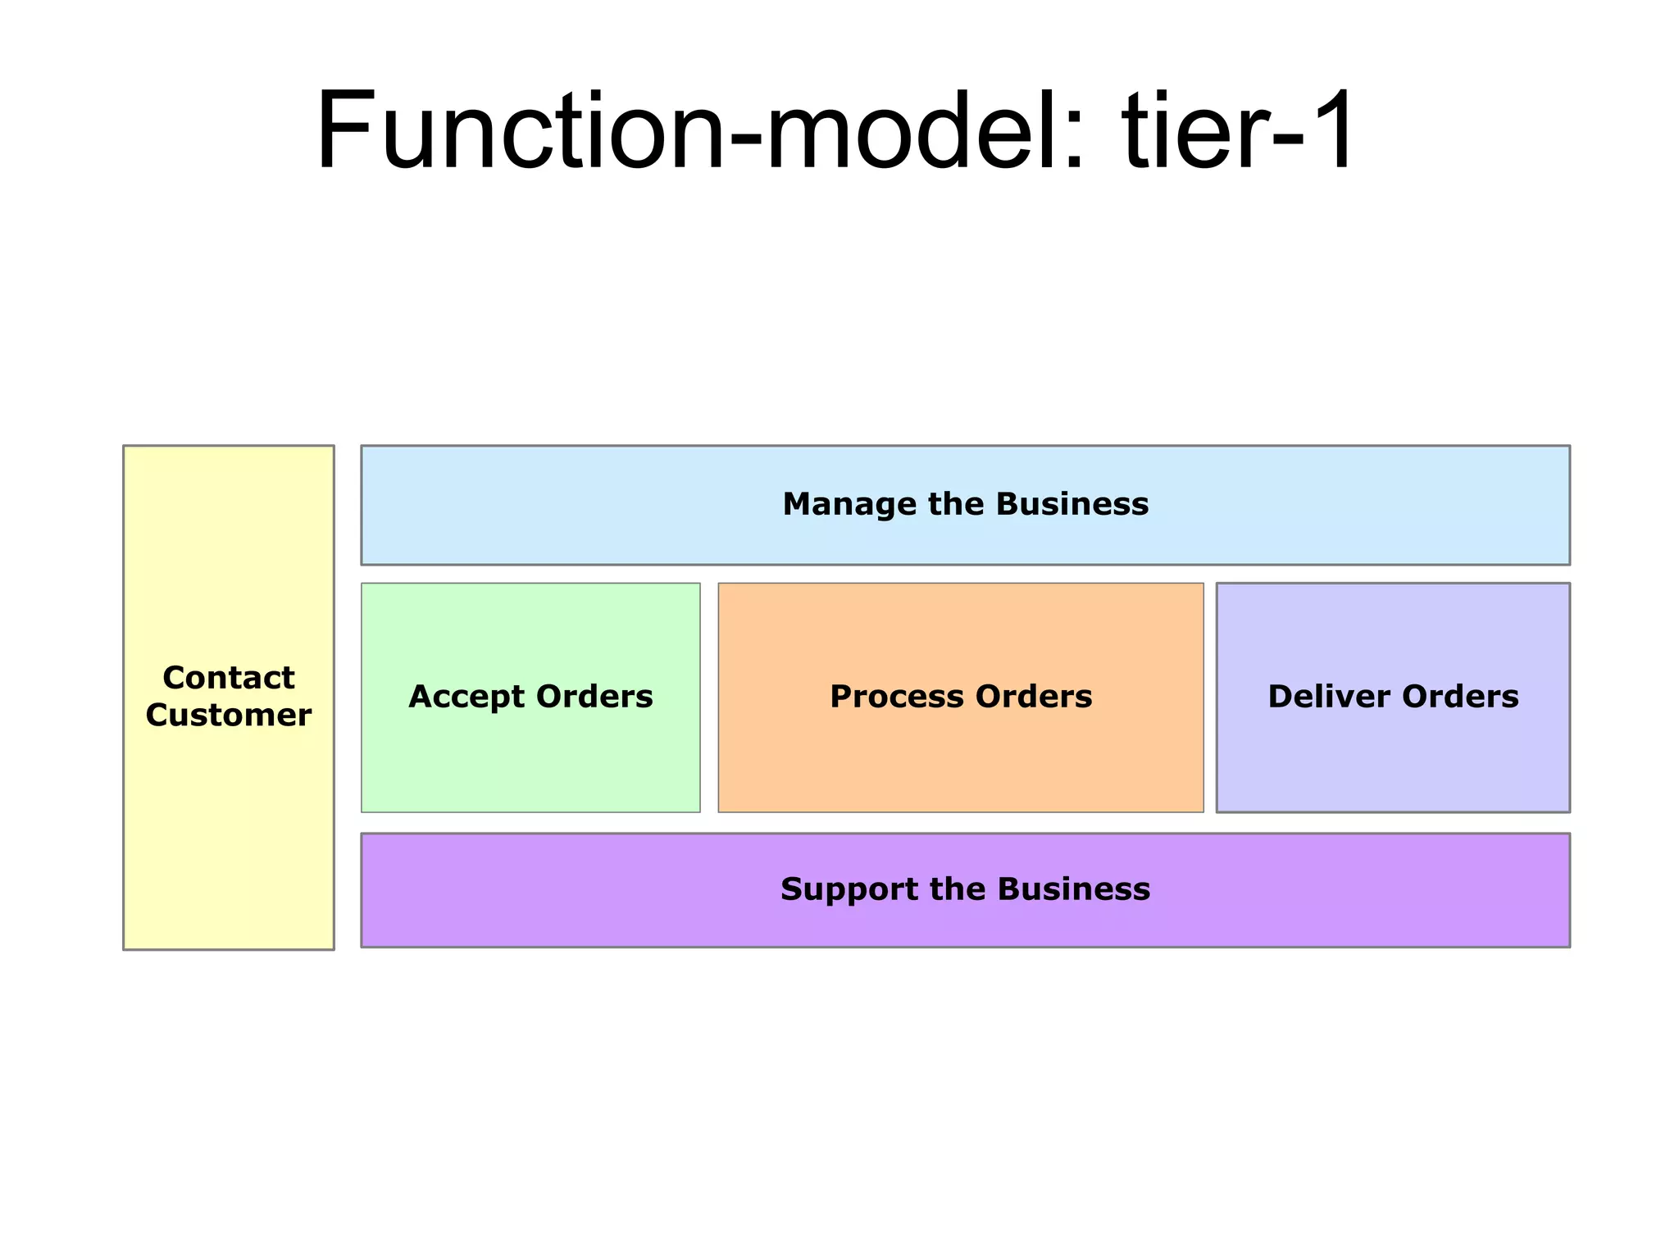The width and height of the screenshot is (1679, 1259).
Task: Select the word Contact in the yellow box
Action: coord(229,678)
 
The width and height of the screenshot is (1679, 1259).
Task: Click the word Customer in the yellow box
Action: coord(229,715)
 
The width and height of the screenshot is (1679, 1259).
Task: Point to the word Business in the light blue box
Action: coord(1072,504)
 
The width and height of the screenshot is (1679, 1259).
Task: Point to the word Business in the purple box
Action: coord(1074,889)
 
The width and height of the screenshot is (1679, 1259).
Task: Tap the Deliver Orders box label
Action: coord(1393,697)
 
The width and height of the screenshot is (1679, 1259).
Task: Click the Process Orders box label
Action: coord(961,697)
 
